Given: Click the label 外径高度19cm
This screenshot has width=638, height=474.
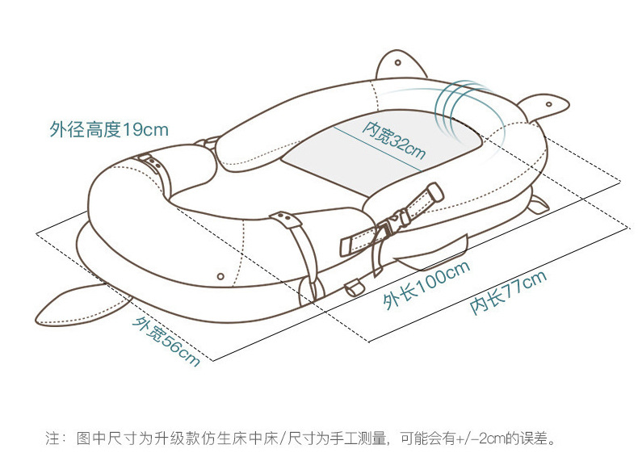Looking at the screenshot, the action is pyautogui.click(x=108, y=129).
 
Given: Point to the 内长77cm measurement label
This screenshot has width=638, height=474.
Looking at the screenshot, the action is pyautogui.click(x=508, y=292).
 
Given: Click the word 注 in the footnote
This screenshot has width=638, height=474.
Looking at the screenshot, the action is pyautogui.click(x=52, y=440).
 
